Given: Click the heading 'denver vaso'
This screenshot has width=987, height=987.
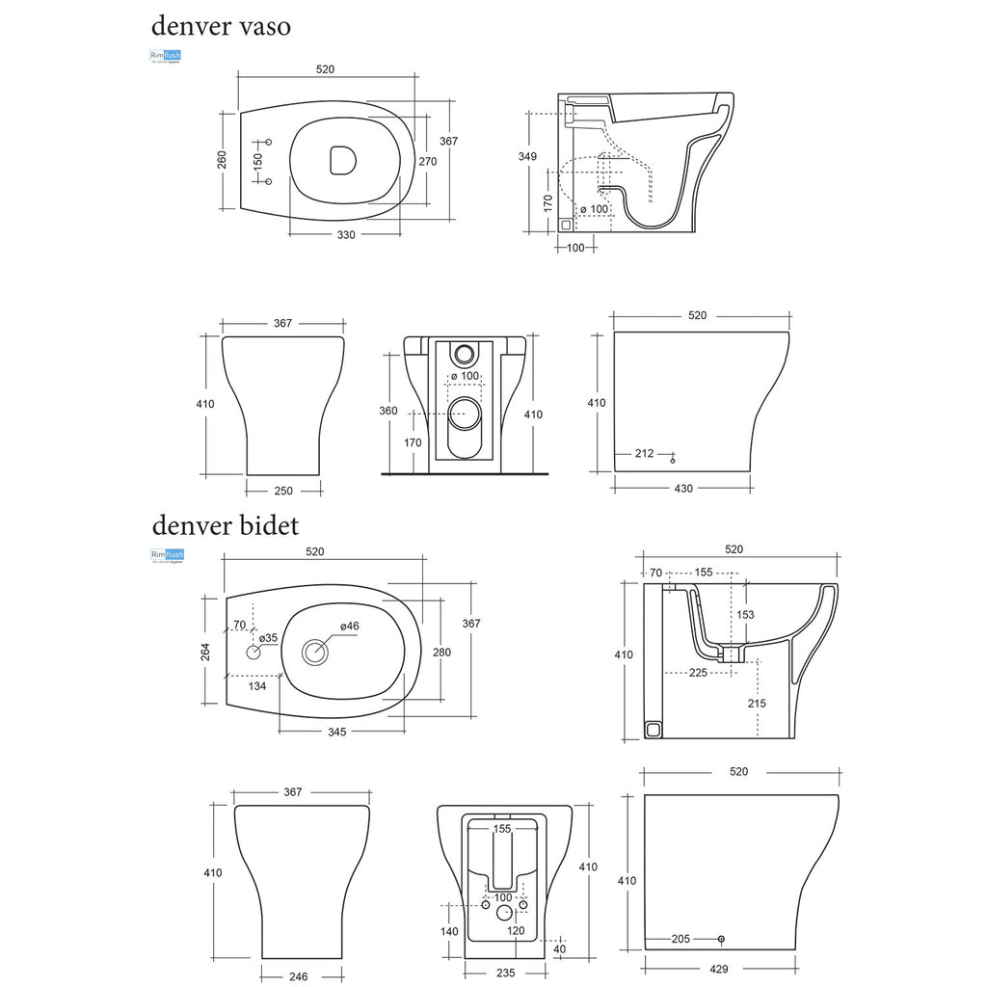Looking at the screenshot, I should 221,27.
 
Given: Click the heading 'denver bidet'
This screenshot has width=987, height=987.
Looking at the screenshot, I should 225,525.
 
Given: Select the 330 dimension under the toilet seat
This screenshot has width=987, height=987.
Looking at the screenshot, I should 346,235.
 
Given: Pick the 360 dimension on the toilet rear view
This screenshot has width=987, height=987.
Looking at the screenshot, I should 387,411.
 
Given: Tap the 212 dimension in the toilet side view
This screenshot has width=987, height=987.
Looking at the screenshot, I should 645,453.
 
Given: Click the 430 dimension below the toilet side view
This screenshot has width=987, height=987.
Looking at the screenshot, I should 682,489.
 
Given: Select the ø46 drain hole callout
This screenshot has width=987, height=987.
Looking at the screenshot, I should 349,627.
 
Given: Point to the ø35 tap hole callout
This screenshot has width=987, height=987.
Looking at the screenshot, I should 267,637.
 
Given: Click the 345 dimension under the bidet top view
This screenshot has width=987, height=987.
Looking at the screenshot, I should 336,733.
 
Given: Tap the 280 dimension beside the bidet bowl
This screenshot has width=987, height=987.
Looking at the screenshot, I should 441,653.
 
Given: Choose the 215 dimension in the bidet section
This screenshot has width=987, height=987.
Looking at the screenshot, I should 757,704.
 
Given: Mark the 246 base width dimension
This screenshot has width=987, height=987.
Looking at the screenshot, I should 298,976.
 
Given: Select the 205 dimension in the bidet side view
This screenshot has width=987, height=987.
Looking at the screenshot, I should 680,938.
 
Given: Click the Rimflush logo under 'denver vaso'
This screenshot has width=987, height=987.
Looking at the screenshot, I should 166,57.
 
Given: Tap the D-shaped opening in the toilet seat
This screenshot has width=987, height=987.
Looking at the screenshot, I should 340,161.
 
